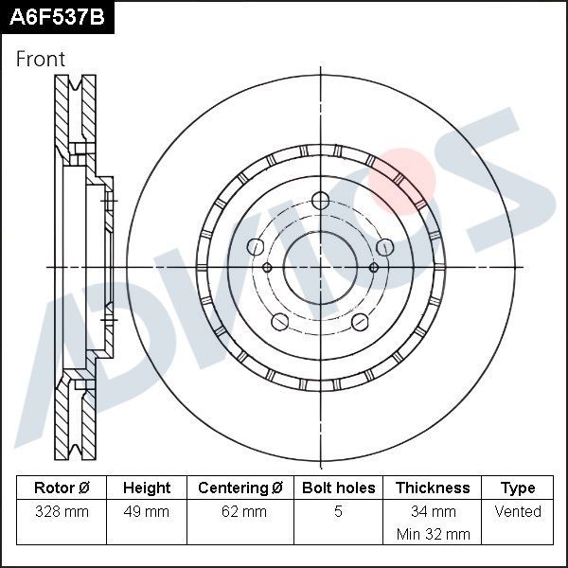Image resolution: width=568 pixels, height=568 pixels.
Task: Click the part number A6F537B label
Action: [55, 16]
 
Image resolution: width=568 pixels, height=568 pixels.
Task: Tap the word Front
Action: [41, 59]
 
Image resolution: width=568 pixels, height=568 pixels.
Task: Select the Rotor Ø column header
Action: [62, 488]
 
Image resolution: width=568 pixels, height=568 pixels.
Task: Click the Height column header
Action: [147, 488]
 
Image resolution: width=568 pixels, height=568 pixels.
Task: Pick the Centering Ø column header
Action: [240, 488]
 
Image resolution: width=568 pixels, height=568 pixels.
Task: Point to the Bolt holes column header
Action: [338, 488]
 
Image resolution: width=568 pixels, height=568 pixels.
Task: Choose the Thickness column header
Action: [433, 488]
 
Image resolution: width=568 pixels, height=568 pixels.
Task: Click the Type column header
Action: [518, 488]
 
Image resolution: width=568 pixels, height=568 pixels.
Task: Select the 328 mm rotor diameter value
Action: [62, 512]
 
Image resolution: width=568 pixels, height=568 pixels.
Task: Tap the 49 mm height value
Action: [147, 512]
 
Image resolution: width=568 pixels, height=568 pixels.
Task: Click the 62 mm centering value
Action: [240, 512]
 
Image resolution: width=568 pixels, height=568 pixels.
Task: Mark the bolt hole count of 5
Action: [338, 512]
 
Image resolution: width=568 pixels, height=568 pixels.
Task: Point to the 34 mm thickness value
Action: [433, 512]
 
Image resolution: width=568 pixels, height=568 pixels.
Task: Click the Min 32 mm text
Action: [433, 535]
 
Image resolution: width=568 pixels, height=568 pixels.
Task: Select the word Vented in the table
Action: [518, 512]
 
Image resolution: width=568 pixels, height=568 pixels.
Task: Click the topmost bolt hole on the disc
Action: [320, 201]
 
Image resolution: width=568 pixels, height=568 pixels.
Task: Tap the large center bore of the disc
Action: [320, 267]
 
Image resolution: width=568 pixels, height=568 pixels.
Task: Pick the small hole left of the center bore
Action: [267, 268]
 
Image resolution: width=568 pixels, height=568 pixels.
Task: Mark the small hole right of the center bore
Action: [374, 268]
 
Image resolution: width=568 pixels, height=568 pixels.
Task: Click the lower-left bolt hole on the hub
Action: [279, 322]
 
